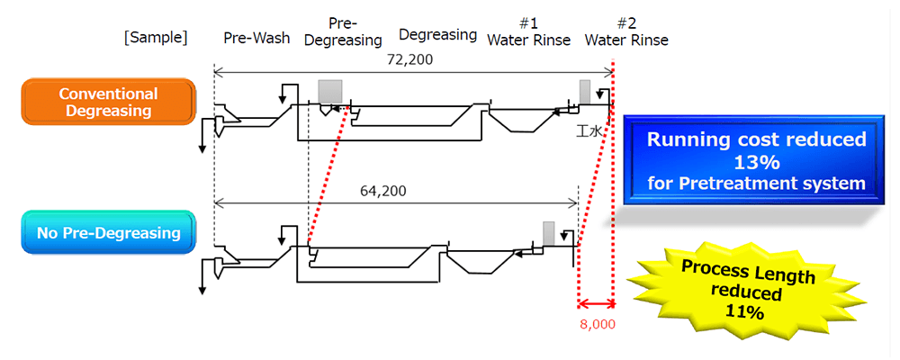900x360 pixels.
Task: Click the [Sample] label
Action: tap(157, 38)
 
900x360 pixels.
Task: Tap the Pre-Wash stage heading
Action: tap(257, 38)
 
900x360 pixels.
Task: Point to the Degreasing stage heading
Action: tap(437, 35)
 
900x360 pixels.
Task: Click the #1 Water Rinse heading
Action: tap(529, 31)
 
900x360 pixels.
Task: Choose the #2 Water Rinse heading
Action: tap(626, 31)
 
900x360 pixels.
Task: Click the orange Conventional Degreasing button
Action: tap(108, 102)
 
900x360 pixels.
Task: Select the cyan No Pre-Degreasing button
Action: tap(108, 234)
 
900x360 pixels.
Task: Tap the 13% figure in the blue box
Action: tap(755, 162)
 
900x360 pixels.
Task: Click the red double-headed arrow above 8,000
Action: tap(595, 304)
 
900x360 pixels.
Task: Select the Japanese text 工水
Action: tap(589, 131)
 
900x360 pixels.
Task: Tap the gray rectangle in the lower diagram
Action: tap(548, 233)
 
